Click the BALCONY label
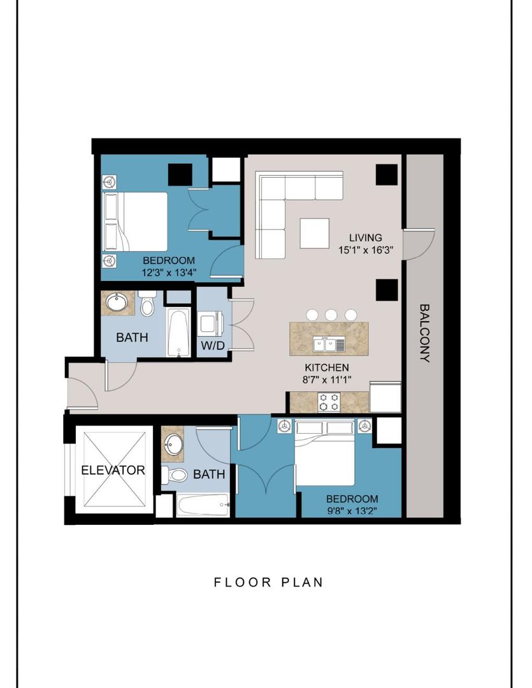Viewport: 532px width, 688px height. coord(424,333)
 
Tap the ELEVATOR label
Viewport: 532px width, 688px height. coord(113,471)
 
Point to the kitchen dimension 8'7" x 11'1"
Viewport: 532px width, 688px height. coord(327,380)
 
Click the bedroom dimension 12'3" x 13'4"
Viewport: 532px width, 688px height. coord(168,273)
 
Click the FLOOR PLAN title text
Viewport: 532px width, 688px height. coord(268,582)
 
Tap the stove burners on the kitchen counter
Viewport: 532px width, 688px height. coord(329,403)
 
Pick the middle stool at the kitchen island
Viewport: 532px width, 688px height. coord(331,315)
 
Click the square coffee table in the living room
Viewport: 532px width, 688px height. coord(314,233)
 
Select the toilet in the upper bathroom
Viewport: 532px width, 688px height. coord(148,304)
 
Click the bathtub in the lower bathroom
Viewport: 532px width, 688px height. coord(203,506)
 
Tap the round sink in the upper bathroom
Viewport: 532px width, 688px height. coord(117,302)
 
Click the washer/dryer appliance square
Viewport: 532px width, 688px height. coord(210,323)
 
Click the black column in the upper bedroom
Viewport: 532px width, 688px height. coord(180,175)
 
